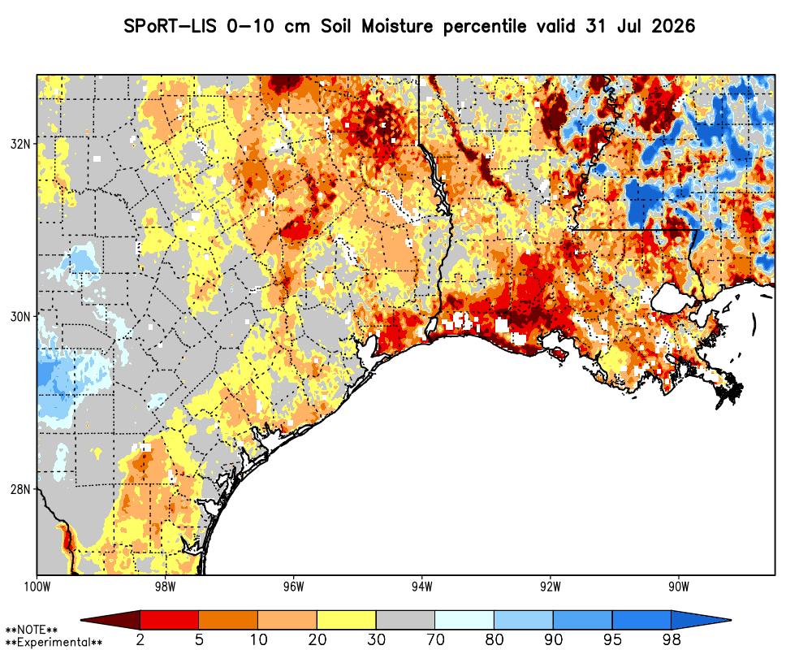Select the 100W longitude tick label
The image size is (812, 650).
[x=37, y=587]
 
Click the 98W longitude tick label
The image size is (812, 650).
[x=165, y=587]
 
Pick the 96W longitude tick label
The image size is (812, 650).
[x=294, y=587]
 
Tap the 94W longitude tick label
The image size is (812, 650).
[x=422, y=587]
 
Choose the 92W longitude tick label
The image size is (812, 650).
[x=551, y=587]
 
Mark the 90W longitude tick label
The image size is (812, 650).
[x=679, y=587]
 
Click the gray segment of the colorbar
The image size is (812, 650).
[x=405, y=620]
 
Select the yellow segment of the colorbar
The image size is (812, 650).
[x=347, y=620]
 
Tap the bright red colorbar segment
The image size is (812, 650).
[x=170, y=620]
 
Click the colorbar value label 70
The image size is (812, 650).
[x=435, y=639]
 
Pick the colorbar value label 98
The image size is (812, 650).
[x=672, y=639]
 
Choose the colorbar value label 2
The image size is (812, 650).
[x=140, y=639]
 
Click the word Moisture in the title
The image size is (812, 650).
[x=397, y=25]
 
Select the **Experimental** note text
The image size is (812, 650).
[x=54, y=643]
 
